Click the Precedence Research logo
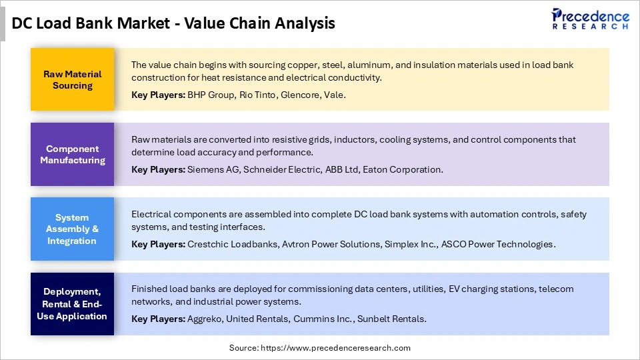590,19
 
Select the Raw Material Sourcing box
72,79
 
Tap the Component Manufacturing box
72,154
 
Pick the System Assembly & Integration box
72,229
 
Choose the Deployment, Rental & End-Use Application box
72,304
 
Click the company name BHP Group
211,95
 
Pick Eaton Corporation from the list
402,170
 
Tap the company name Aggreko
204,319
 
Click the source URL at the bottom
335,348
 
